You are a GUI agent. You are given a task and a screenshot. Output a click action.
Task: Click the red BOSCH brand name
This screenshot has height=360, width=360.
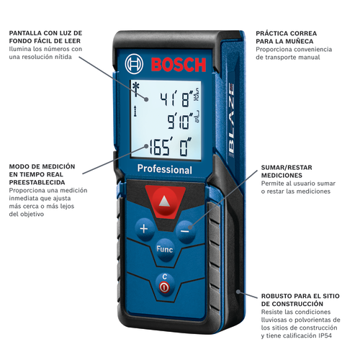[x=179, y=65]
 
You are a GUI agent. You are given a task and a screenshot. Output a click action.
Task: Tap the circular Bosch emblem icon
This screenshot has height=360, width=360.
[x=134, y=64]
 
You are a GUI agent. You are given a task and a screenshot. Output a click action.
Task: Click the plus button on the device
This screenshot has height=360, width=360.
[x=144, y=229]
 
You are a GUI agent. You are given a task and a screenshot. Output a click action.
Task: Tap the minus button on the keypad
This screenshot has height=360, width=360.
[x=185, y=231]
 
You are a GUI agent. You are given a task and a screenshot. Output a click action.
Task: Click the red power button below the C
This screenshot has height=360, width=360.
[x=165, y=287]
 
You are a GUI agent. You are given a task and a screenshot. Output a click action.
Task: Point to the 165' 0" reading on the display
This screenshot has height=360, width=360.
[x=171, y=147]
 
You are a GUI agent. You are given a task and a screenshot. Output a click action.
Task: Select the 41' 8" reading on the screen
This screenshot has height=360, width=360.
[x=177, y=99]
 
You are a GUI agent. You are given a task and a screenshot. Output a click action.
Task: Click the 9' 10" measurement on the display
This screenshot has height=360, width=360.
[x=180, y=121]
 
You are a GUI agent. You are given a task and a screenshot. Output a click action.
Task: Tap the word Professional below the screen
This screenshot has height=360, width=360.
[x=165, y=169]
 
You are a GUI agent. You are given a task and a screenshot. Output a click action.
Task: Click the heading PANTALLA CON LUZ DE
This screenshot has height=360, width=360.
[x=45, y=33]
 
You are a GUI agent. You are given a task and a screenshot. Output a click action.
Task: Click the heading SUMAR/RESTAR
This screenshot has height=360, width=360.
[x=287, y=168]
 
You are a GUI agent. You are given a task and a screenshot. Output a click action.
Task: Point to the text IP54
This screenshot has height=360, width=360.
[x=325, y=336]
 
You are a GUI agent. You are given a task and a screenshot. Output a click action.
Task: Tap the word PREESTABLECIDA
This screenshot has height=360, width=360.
[x=37, y=182]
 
